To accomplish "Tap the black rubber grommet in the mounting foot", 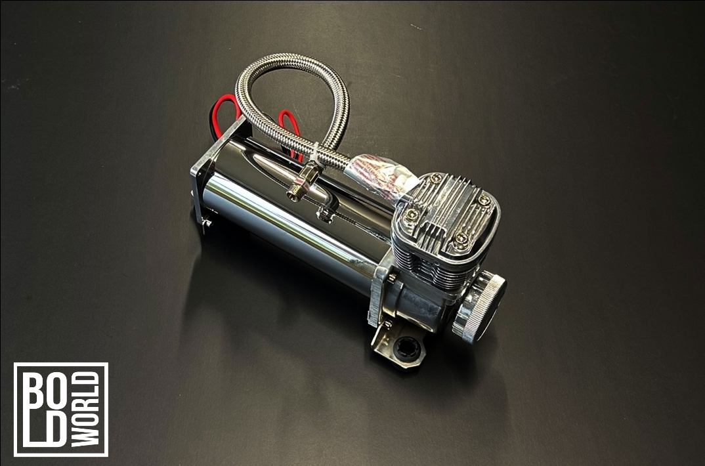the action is pyautogui.click(x=407, y=347).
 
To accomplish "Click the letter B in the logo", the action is pyautogui.click(x=37, y=390).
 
